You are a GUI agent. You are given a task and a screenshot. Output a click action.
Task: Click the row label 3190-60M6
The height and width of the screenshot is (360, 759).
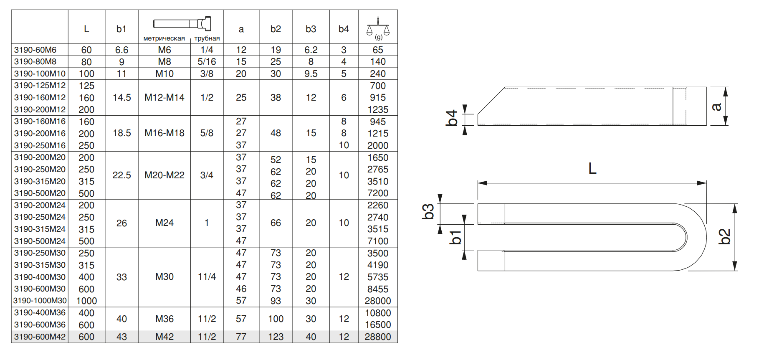tap(35, 50)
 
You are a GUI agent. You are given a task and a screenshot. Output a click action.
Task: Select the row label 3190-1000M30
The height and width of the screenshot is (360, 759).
tap(40, 301)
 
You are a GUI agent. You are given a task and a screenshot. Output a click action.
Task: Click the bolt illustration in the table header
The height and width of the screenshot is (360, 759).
tap(182, 23)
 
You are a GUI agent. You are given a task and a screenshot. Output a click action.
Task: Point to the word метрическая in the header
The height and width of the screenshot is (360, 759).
tap(164, 38)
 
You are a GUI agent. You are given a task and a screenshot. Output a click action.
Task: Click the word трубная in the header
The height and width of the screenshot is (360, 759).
tap(207, 38)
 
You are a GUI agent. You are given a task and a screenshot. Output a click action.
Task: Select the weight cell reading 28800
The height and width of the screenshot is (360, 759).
tap(378, 337)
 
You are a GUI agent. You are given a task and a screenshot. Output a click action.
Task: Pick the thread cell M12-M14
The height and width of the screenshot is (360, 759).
tap(164, 98)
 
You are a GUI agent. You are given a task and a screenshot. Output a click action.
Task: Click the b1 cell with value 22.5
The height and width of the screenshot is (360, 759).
tap(121, 175)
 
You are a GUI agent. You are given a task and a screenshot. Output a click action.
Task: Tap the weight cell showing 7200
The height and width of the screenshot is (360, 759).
tap(378, 193)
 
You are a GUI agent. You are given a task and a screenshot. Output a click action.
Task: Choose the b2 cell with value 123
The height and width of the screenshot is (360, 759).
tap(276, 337)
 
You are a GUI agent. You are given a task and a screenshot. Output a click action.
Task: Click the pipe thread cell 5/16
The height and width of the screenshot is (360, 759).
tap(207, 62)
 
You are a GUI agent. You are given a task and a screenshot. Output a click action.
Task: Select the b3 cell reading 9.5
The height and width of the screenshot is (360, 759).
tap(311, 74)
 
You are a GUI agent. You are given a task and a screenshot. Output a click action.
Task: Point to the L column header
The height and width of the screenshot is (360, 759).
tap(86, 29)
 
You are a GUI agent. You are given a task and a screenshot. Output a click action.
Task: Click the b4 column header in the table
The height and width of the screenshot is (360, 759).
tap(344, 29)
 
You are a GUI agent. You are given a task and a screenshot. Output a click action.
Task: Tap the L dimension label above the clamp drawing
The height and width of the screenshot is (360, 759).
tap(592, 169)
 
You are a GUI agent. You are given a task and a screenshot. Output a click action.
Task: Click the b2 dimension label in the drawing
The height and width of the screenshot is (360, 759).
tap(725, 236)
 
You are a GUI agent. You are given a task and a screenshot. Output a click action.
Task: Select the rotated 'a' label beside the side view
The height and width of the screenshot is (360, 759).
tap(716, 107)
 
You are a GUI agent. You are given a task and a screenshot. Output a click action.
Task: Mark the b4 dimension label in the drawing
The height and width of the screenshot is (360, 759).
tap(452, 118)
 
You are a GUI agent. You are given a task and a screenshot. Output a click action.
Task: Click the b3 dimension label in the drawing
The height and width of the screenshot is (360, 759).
tap(428, 212)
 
